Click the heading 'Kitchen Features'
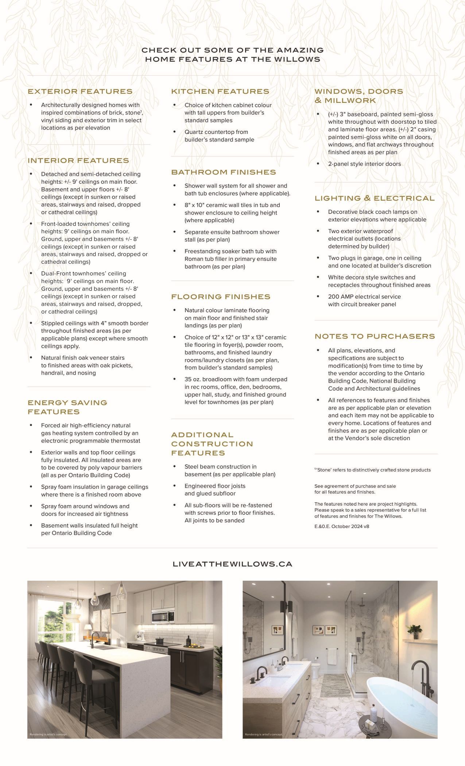(x=220, y=92)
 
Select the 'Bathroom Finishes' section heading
(x=224, y=172)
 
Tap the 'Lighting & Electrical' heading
(x=375, y=198)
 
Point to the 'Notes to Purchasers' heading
(x=375, y=336)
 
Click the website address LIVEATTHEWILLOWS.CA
(x=232, y=564)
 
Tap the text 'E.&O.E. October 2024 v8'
(x=342, y=526)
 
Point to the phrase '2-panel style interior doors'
(x=364, y=164)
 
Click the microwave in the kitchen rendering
(x=160, y=616)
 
